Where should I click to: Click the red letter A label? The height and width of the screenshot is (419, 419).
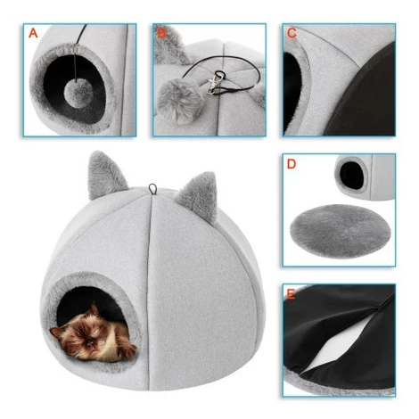click(x=33, y=33)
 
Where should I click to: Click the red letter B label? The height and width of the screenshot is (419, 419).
click(x=161, y=33)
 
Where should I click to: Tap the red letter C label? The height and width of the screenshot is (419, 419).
click(x=292, y=33)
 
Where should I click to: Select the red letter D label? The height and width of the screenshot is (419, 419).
click(x=292, y=164)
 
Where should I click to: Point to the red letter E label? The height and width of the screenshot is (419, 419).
click(x=291, y=294)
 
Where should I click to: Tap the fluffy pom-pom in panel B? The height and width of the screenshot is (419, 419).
click(x=179, y=100)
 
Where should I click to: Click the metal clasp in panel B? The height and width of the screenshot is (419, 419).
click(x=215, y=84)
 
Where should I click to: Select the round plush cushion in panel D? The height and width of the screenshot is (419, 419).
click(x=341, y=231)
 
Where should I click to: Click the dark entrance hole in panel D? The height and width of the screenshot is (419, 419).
click(x=352, y=176)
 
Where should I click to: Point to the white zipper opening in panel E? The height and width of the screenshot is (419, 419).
click(x=330, y=355)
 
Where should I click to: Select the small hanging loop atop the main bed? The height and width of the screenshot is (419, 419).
click(x=152, y=189)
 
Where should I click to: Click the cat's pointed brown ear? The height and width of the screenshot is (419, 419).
click(x=94, y=309)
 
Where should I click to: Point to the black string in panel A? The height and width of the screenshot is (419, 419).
click(x=78, y=51)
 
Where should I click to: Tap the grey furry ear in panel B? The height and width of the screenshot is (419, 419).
click(x=171, y=45)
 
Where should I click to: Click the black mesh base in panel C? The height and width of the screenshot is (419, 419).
click(x=364, y=95)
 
